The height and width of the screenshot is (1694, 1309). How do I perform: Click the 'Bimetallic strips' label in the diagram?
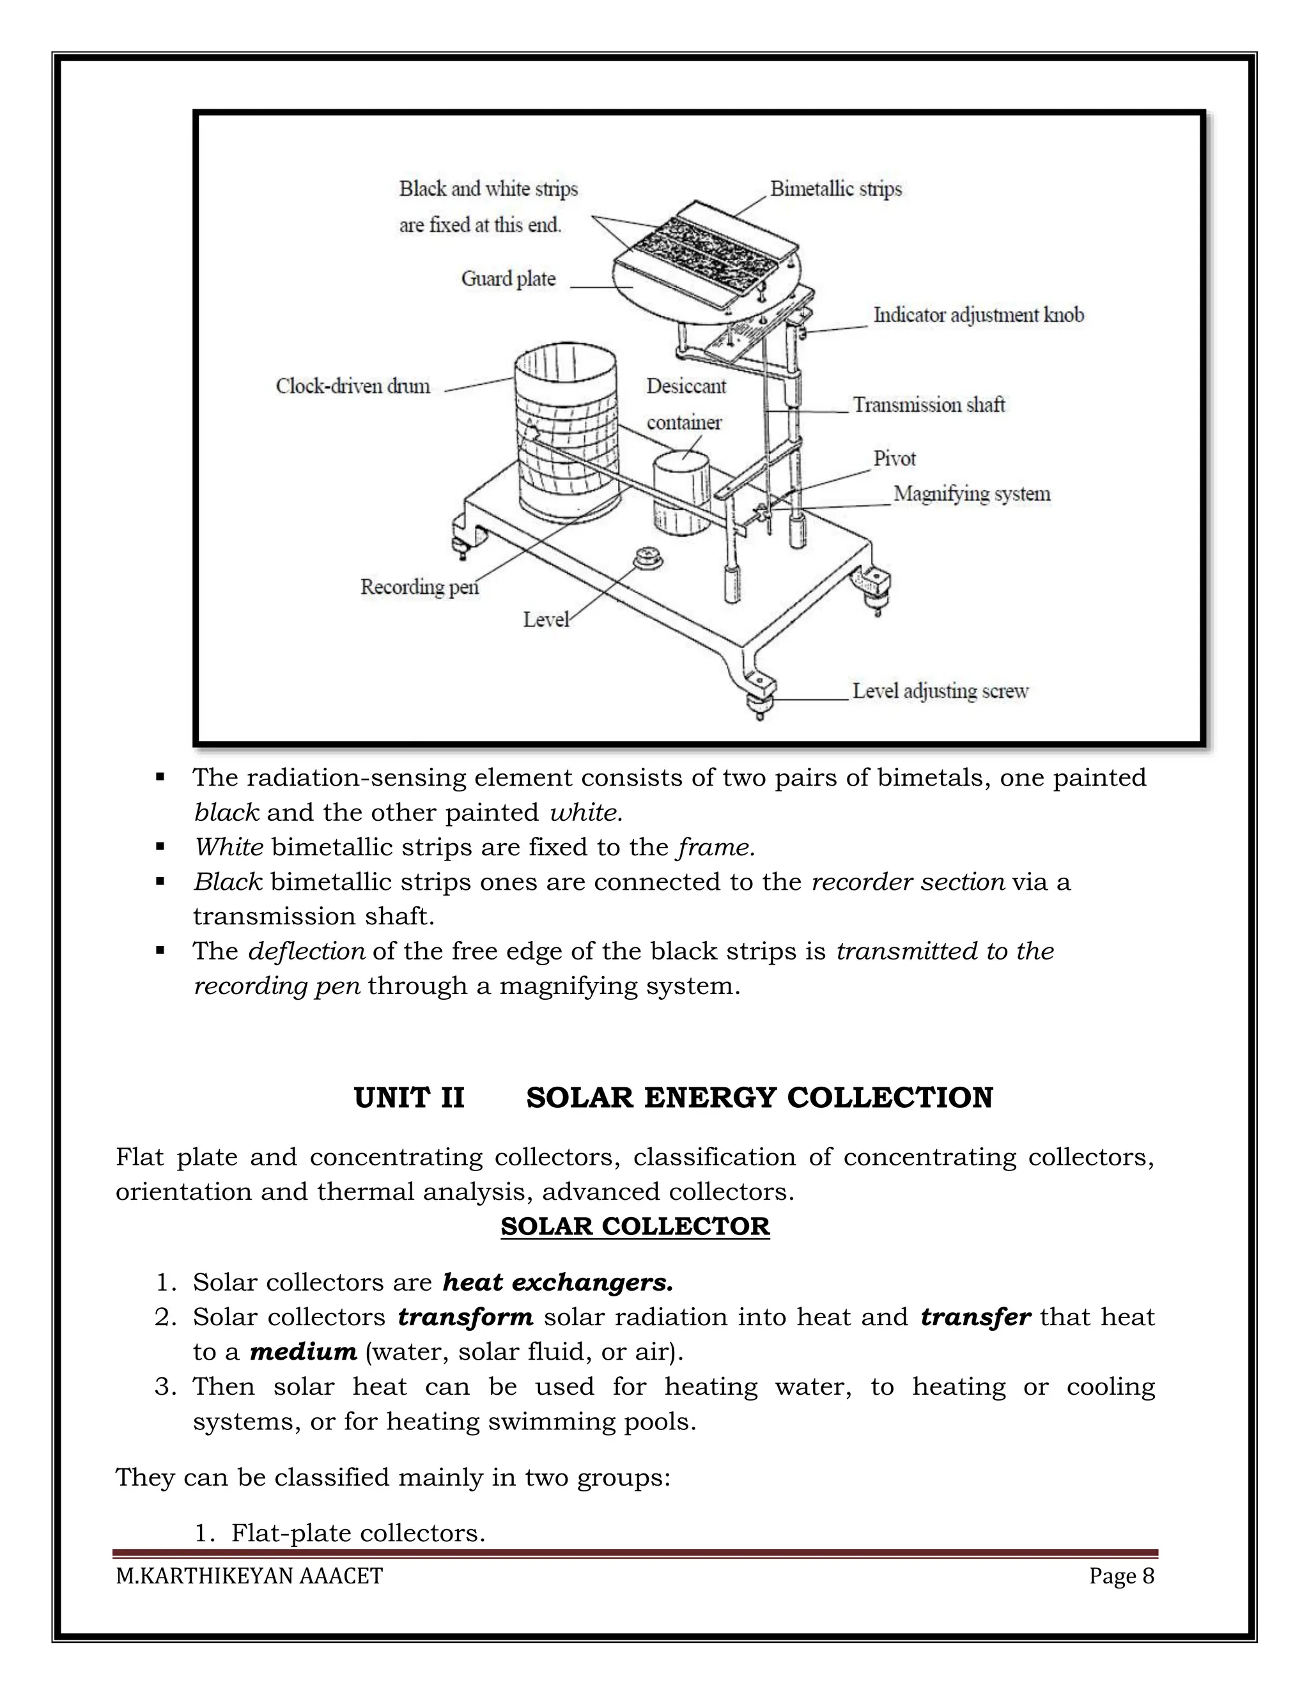click(x=835, y=189)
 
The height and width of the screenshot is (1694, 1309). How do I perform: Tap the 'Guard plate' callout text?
click(x=508, y=279)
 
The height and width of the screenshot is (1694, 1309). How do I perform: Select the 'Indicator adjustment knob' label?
click(x=978, y=315)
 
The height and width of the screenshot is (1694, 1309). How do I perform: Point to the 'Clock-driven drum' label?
click(x=353, y=386)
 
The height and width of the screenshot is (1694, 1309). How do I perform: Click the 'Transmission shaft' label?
click(x=928, y=405)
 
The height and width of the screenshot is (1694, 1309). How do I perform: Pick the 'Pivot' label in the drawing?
click(x=894, y=458)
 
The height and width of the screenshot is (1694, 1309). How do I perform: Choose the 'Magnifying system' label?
click(x=971, y=494)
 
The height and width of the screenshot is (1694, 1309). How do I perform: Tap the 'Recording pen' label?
click(x=419, y=587)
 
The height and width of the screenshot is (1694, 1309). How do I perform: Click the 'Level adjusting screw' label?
click(x=940, y=691)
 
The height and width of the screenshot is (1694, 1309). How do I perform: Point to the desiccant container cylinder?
click(x=681, y=492)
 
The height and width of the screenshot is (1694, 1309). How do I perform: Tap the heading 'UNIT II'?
click(x=408, y=1098)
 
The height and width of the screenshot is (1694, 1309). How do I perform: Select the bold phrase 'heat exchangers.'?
click(x=557, y=1283)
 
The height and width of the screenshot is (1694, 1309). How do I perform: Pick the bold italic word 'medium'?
click(x=302, y=1352)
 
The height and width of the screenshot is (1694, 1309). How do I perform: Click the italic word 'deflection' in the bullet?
click(x=306, y=951)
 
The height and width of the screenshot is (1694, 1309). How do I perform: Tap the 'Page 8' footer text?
click(x=1120, y=1576)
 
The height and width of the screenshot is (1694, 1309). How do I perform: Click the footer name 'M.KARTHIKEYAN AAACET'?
click(x=249, y=1576)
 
